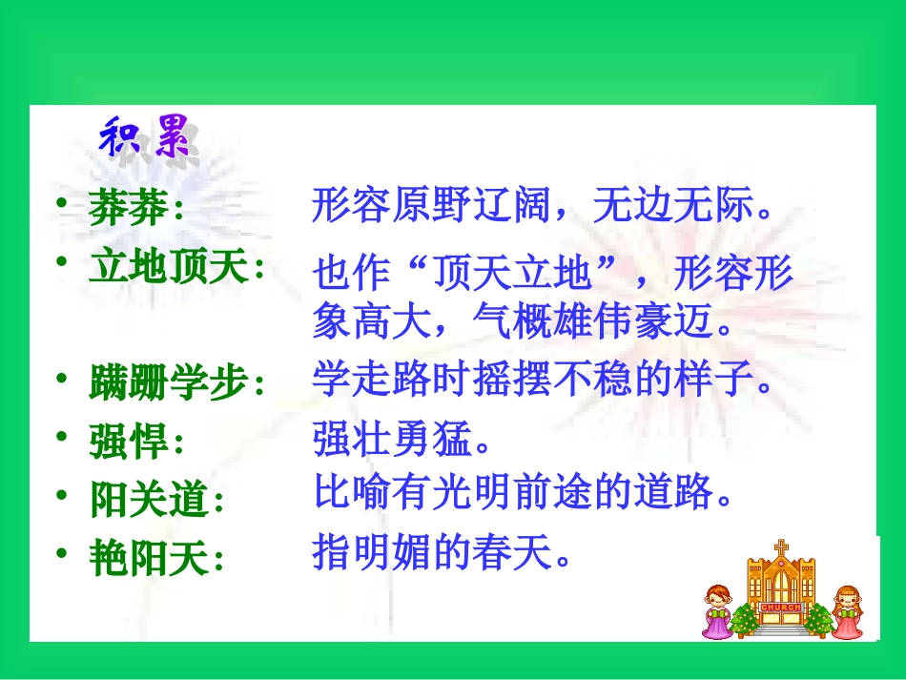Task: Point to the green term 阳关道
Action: (x=149, y=500)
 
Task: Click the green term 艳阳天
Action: (x=149, y=558)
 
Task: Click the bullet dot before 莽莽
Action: (x=62, y=205)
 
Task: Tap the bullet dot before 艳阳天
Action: (x=62, y=553)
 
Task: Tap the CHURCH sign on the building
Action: (x=781, y=606)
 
